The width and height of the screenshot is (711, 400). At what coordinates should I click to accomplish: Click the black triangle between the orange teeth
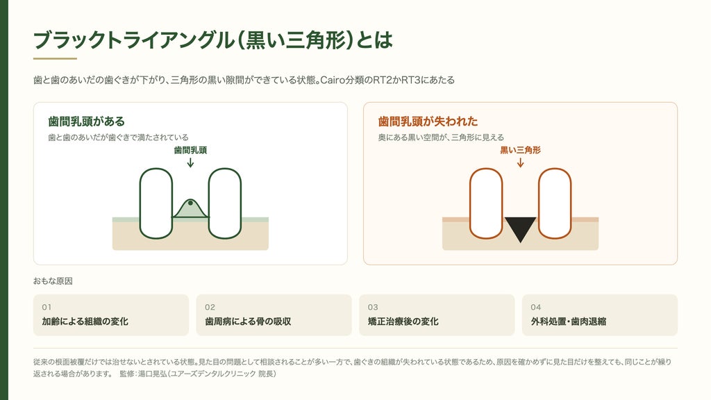pos(520,228)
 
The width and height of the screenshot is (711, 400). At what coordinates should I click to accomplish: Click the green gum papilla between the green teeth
pos(190,210)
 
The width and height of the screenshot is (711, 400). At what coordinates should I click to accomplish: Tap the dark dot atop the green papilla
pos(190,203)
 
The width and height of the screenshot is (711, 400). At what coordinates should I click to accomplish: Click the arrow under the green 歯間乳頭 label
pos(190,162)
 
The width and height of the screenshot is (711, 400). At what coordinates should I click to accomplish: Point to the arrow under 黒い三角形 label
pos(521,162)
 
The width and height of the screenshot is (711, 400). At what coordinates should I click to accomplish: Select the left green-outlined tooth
pos(156,203)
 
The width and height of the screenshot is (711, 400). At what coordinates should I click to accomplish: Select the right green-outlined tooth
pos(225,203)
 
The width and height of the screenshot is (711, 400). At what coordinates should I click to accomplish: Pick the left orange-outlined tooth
pos(486,203)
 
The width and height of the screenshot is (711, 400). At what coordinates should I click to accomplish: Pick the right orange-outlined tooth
pos(555,203)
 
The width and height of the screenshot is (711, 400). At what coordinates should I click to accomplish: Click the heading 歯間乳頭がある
pos(86,121)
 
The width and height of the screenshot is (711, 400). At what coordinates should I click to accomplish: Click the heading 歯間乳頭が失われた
pos(428,121)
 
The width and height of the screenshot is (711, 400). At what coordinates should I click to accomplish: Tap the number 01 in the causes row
pos(47,307)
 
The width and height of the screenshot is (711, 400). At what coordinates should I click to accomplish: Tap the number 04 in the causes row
pos(535,307)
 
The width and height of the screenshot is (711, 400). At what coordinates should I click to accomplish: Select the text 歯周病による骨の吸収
pos(248,322)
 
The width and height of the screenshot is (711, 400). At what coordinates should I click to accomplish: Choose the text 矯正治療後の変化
pos(403,322)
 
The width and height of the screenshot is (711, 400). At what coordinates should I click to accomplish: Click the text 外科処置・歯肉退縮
pos(568,322)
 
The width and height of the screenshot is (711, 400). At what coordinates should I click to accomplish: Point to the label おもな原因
pos(53,281)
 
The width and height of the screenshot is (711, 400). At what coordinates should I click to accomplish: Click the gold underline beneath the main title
pos(55,58)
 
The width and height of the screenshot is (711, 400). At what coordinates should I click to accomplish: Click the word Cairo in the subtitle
pos(332,81)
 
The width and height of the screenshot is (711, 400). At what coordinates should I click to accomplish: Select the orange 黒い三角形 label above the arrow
pos(521,150)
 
